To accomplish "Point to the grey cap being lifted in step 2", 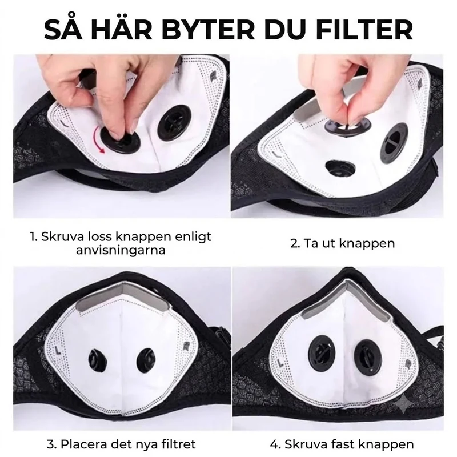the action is pyautogui.click(x=348, y=125).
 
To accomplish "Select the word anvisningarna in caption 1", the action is pyautogui.click(x=121, y=250).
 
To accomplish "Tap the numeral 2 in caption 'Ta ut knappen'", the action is pyautogui.click(x=295, y=244).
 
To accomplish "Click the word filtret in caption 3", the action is pyautogui.click(x=177, y=444).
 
